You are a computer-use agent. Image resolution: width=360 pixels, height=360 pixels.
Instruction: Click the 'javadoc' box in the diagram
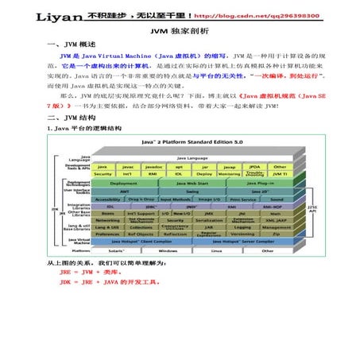153,167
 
